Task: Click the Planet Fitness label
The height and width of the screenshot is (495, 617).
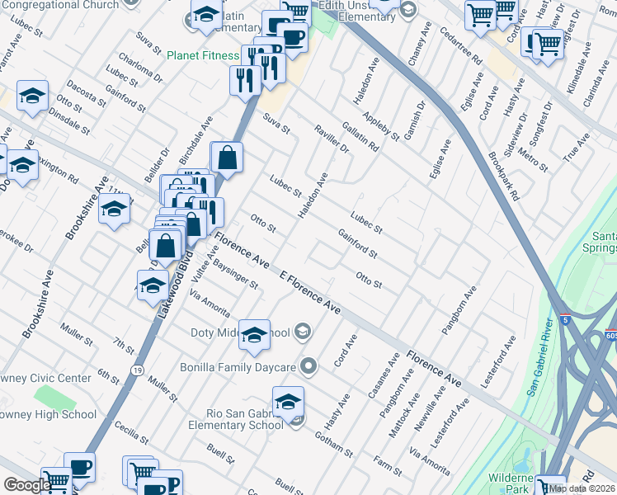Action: click(202, 56)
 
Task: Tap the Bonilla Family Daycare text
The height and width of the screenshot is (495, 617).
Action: click(238, 366)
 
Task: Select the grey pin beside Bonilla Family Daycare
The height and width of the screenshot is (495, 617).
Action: click(309, 365)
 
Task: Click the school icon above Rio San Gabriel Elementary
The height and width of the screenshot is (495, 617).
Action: click(288, 403)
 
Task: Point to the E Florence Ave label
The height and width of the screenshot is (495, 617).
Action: click(310, 292)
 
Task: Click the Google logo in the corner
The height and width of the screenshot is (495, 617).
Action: click(27, 485)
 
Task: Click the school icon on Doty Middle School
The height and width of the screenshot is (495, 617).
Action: click(255, 334)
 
